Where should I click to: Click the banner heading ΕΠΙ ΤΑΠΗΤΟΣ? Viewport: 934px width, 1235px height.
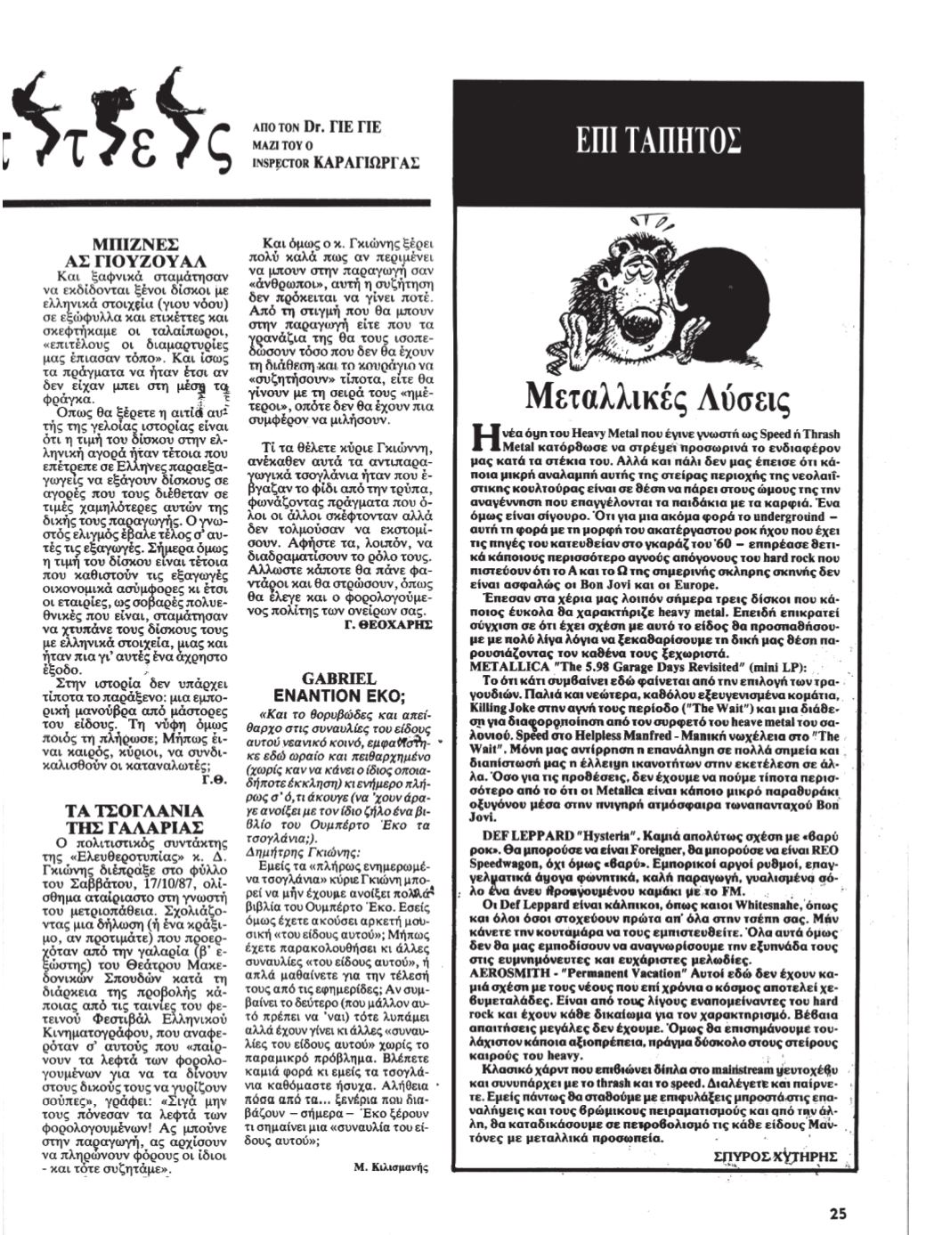click(x=659, y=142)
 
